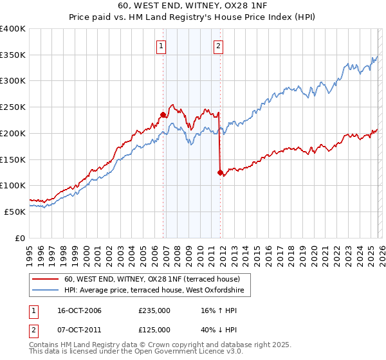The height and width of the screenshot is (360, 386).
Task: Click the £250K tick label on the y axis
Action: click(x=13, y=107)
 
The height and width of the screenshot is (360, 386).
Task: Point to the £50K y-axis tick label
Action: click(x=15, y=212)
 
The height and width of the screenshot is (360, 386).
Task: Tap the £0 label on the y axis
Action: click(x=19, y=238)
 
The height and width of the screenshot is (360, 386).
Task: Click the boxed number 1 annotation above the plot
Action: click(x=160, y=46)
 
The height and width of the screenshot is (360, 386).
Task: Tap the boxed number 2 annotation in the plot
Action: click(x=219, y=46)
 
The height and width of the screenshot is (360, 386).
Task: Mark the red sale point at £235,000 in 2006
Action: click(x=163, y=115)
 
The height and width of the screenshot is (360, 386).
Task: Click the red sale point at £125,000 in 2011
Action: click(x=220, y=172)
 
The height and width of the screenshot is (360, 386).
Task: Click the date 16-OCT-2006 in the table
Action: click(x=79, y=311)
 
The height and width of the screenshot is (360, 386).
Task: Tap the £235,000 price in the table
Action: click(x=154, y=311)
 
